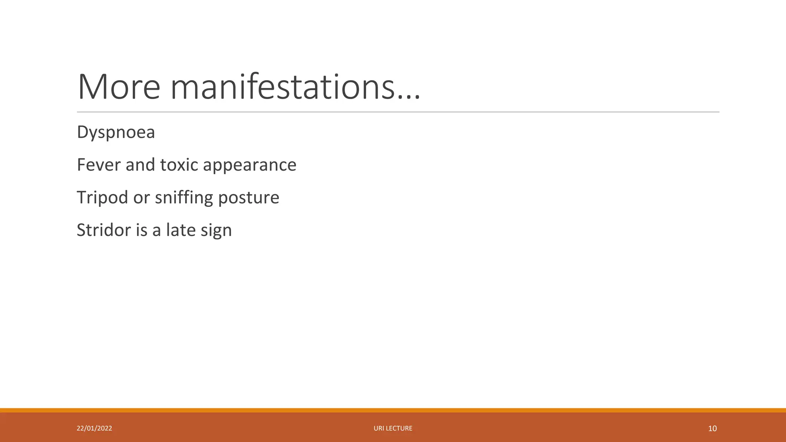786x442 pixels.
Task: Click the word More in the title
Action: coord(119,87)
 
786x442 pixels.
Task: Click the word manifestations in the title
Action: coord(282,87)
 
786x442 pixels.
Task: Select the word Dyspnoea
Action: coord(116,132)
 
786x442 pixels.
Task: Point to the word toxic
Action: coord(179,165)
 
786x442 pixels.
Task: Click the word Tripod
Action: coord(102,198)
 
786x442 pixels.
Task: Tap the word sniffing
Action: coord(184,198)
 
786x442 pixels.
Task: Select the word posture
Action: coord(248,198)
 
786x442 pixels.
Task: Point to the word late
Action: coord(180,230)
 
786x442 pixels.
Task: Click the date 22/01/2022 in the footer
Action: coord(94,428)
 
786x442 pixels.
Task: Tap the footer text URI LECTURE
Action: coord(393,428)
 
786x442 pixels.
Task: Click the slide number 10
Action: coord(712,429)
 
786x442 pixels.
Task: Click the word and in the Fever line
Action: coord(140,165)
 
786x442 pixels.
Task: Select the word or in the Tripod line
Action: coord(141,198)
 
